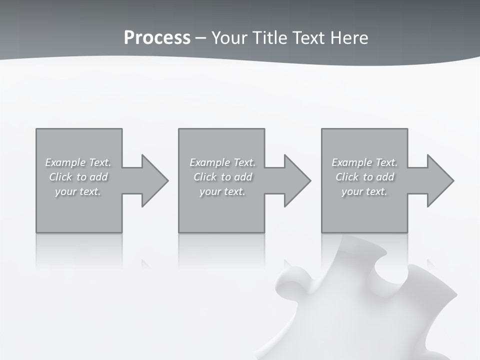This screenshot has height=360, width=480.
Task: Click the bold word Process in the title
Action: [x=157, y=38]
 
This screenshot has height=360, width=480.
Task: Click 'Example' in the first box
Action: [x=65, y=162]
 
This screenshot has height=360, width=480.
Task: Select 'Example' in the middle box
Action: [x=209, y=162]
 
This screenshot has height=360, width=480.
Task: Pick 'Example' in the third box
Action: [x=351, y=162]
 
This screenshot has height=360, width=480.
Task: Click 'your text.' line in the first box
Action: [x=78, y=191]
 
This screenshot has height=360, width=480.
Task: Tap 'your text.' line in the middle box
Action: [x=222, y=191]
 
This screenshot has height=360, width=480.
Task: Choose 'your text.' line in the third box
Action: [x=364, y=191]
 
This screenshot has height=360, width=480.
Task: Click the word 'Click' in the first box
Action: [x=60, y=177]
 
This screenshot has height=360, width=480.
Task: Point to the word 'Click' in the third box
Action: [x=347, y=177]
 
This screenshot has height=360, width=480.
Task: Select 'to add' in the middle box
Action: [x=236, y=177]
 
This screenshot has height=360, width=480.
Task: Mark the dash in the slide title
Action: [x=200, y=38]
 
